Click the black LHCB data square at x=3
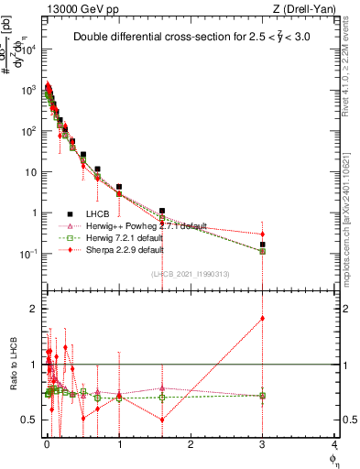[262, 245]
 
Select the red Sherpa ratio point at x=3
[262, 318]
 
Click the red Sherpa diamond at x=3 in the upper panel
[262, 234]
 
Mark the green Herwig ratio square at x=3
[262, 396]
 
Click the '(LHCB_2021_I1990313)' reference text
[190, 273]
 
